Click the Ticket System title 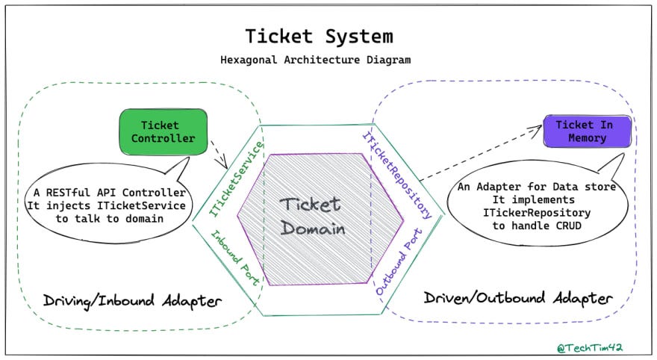click(x=319, y=36)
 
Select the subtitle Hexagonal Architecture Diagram click(x=319, y=60)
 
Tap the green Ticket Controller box click(x=163, y=131)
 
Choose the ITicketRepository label click(x=397, y=175)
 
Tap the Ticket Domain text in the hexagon click(x=312, y=217)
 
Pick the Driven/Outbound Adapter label click(x=518, y=298)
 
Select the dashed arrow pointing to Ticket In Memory click(x=478, y=153)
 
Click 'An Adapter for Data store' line click(x=536, y=187)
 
